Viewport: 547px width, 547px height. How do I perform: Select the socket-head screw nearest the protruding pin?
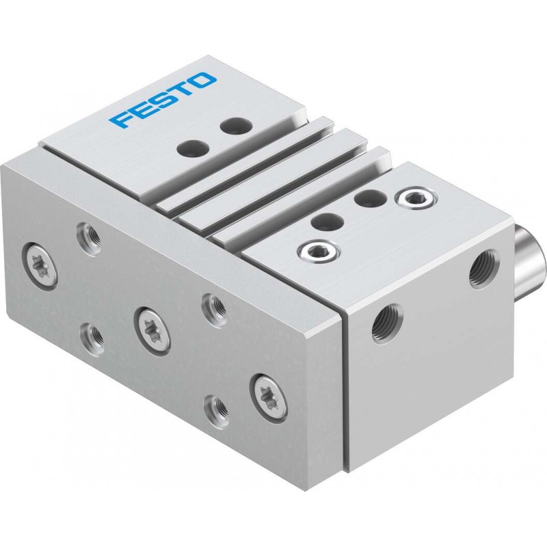416,198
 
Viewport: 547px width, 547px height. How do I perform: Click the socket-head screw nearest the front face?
318,250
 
